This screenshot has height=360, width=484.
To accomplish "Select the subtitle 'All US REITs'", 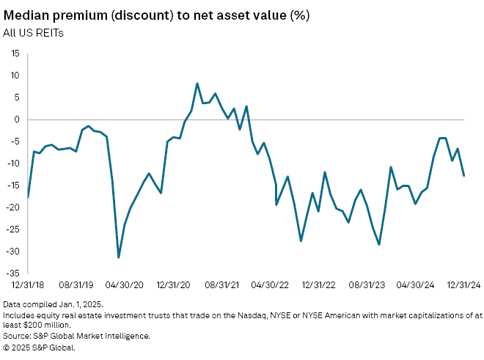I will [x=32, y=33].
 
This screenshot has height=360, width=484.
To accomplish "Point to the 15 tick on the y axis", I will [x=15, y=54].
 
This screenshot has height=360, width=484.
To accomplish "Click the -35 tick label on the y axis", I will [x=14, y=273].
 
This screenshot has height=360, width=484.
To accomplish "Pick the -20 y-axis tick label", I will [x=14, y=207].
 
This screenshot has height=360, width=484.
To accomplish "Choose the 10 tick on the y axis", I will [x=15, y=76].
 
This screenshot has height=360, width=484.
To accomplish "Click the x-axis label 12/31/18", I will [x=29, y=284].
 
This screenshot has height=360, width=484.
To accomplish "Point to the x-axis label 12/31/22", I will [x=320, y=284].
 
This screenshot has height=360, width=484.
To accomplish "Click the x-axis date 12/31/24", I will [x=465, y=284].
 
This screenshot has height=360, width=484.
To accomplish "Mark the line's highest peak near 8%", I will [x=197, y=84].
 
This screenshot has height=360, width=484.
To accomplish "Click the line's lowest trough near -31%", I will [x=119, y=257].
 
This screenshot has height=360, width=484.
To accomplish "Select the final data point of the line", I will [x=464, y=175].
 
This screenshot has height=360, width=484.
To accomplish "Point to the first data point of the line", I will [x=28, y=197].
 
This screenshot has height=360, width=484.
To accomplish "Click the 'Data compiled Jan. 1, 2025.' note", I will [x=53, y=304].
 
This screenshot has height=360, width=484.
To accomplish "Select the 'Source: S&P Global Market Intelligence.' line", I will [x=77, y=337].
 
